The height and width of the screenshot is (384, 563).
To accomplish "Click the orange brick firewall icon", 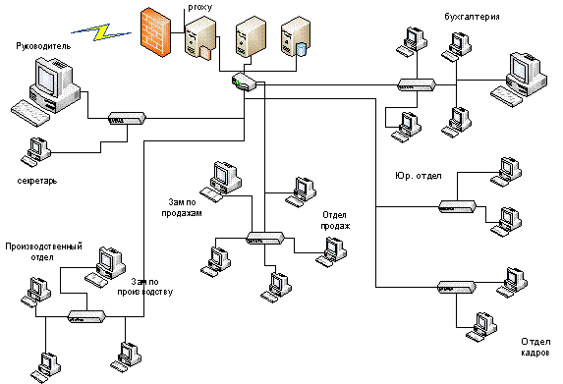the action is coord(155,32).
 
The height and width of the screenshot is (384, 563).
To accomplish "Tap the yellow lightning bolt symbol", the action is coord(101,32).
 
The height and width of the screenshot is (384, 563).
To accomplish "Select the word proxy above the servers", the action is coord(200,7).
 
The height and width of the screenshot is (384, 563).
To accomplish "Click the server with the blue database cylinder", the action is coord(295,37).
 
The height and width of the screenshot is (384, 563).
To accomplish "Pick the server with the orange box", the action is coord(200,38).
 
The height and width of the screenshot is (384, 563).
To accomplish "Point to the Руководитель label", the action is coord(43,46).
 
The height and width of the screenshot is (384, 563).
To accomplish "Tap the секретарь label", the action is coord(37,181).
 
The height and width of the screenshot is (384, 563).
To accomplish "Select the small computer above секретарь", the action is coord(35,151).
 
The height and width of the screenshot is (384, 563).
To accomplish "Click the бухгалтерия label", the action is coord(472,17).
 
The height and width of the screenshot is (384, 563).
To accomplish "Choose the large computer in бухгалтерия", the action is coord(519,80).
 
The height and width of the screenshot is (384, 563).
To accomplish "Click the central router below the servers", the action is coord(244,82).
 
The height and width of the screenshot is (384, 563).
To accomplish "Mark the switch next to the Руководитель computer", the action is coord(127,118).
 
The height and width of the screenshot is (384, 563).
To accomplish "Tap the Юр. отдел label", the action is coord(418,176).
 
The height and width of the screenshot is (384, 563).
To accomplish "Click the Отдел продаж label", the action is coord(335,220).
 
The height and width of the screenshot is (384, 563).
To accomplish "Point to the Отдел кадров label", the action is coord(535,347).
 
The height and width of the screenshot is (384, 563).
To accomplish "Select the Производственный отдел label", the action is coord(43,251).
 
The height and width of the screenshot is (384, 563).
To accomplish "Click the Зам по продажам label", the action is coord(182,207).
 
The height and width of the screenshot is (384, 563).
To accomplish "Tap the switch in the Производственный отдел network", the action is coord(87,316).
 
